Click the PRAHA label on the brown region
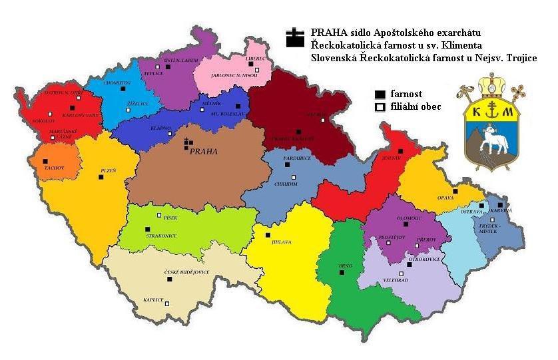[204, 151]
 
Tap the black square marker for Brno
[342, 273]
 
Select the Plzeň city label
[108, 170]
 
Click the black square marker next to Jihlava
[268, 235]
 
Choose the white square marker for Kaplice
[167, 303]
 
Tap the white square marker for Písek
[159, 215]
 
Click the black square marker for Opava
[455, 191]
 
